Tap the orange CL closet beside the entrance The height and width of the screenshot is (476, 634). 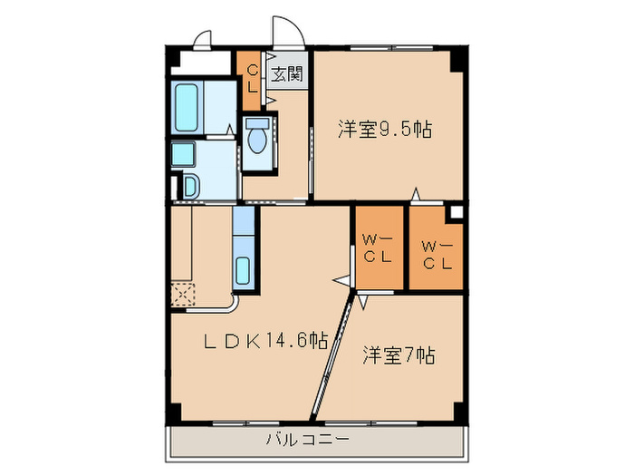[x=249, y=79]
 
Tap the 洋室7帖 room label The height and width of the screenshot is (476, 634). [x=399, y=355]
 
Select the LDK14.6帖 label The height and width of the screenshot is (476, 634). [x=264, y=341]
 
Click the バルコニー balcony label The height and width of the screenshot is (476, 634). [x=307, y=441]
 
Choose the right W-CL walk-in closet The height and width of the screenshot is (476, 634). [x=437, y=249]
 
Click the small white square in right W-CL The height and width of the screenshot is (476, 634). [x=456, y=212]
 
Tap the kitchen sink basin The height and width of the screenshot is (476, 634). [x=244, y=269]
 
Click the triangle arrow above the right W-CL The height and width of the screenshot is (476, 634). [x=416, y=193]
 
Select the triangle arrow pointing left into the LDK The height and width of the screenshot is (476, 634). [x=342, y=279]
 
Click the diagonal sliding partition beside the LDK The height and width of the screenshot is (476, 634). [x=331, y=358]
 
